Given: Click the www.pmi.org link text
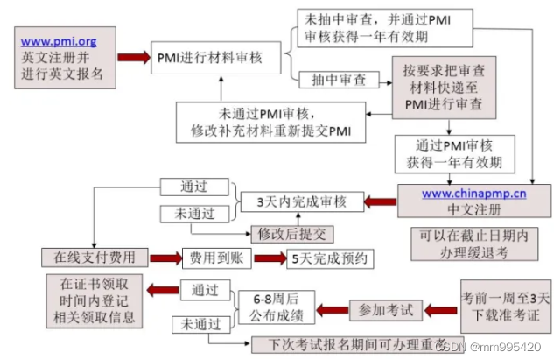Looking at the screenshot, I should pos(58,40).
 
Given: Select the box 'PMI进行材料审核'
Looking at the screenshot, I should pos(218,59).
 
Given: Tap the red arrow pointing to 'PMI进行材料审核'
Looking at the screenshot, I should pos(133,58).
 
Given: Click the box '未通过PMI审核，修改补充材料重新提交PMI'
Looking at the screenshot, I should pos(271,121).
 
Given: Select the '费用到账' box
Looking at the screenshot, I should pos(211,258).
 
